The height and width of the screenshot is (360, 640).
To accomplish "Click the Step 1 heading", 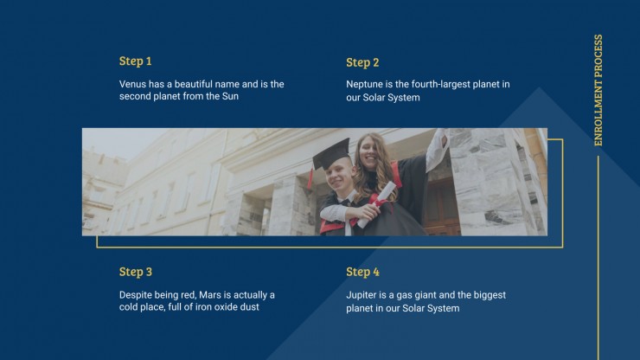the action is pos(135,61).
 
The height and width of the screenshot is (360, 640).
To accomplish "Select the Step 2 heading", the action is pos(362,62).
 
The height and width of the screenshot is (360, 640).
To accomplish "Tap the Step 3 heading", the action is pos(136,272).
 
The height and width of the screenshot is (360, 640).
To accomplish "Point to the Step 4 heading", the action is pos(362,272).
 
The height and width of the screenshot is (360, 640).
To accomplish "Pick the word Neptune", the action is pos(364,84).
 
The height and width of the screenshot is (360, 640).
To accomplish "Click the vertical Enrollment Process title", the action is pos(598,90).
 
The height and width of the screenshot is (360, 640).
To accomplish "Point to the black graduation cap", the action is pos(331,153).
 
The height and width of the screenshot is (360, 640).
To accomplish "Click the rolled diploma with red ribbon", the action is pos(376,204).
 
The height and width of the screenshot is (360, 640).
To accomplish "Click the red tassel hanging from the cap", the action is pos(310,177).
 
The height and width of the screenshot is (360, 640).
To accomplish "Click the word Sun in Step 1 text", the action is pos(230,96).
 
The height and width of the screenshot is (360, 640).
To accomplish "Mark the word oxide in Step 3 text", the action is pos(226,307).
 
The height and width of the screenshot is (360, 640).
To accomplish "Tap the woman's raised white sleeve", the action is pos(437,149).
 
